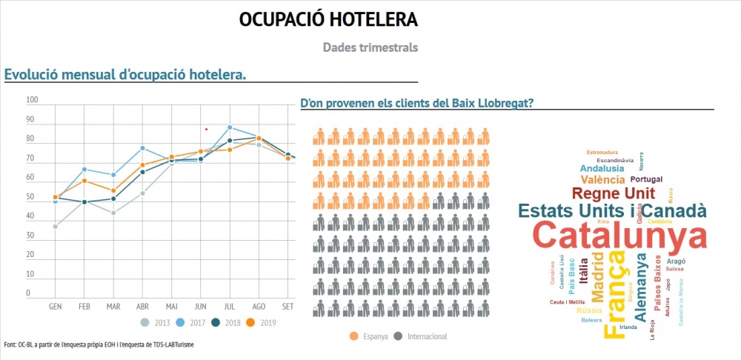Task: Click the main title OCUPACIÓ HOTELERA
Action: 328,19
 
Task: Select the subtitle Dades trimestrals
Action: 370,47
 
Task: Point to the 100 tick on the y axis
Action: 33,100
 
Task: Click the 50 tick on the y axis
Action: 30,197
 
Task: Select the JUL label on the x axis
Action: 230,306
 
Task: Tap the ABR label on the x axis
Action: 142,306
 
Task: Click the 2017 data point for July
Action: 230,127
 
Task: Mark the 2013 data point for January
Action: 56,226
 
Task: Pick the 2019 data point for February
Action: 84,181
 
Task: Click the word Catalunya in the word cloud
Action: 619,236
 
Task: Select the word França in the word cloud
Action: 614,295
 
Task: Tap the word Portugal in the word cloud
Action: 646,179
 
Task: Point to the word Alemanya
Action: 642,287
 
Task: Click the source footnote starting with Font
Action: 99,344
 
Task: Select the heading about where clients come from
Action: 416,103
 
